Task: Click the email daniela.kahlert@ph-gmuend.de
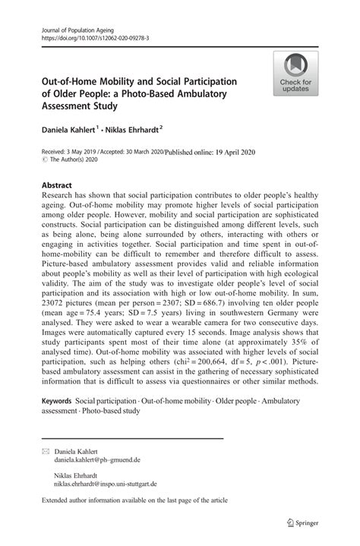[97, 460]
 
